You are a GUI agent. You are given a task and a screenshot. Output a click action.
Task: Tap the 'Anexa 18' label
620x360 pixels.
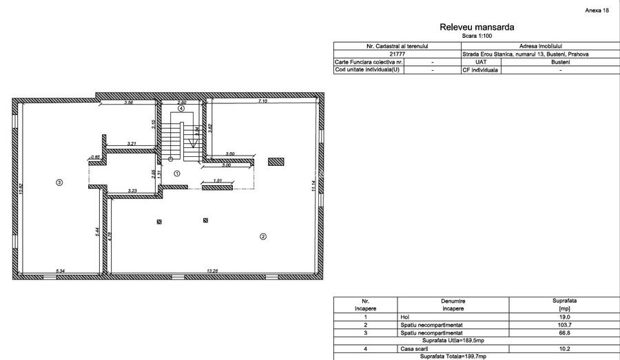[597, 11]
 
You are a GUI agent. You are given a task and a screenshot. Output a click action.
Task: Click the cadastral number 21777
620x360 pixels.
[398, 54]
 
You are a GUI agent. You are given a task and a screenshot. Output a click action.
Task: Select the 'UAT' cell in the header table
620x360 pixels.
[481, 62]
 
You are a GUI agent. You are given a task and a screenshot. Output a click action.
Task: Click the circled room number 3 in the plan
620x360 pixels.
[59, 182]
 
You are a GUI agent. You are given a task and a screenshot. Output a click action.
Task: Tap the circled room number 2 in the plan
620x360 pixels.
[262, 236]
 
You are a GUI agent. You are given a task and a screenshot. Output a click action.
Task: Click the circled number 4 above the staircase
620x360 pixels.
[181, 109]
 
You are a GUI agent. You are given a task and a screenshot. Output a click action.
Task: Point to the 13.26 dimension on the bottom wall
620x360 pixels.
[211, 271]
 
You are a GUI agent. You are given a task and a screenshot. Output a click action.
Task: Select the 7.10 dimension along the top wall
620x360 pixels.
[262, 102]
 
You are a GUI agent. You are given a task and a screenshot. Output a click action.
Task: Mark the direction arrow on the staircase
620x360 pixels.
[195, 142]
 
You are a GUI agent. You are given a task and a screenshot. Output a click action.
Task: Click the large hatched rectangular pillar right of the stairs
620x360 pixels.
[276, 161]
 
